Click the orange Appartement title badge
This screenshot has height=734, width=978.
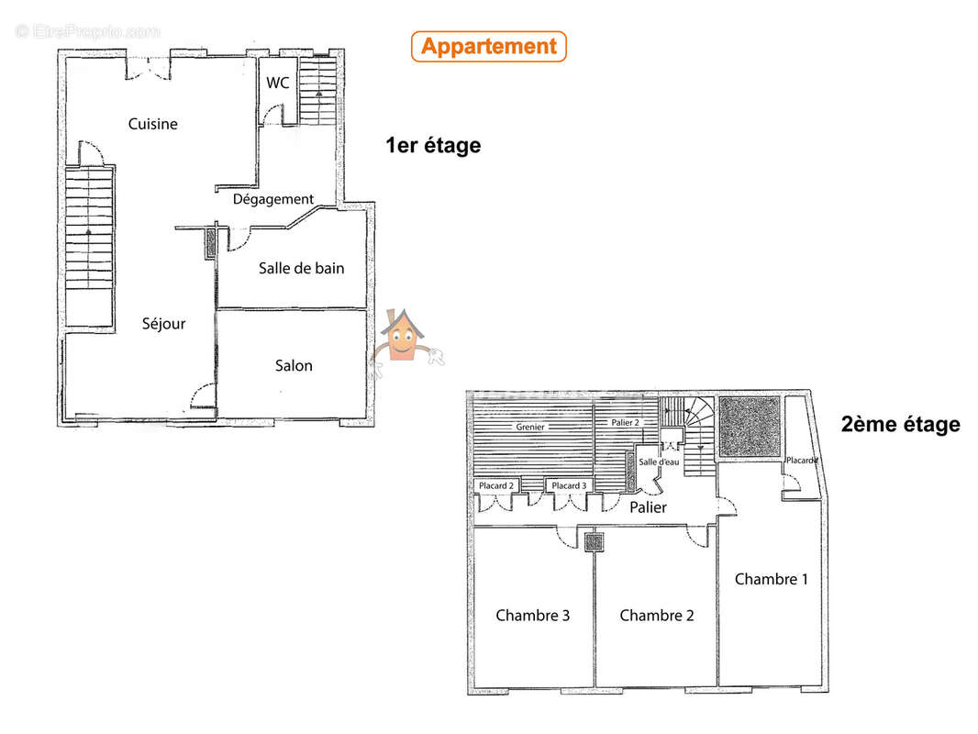tap(489, 47)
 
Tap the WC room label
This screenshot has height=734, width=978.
tap(278, 83)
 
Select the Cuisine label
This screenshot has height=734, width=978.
tap(153, 124)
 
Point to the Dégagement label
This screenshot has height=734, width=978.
tap(273, 199)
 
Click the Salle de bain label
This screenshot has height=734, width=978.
tap(301, 268)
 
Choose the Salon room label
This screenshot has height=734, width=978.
tap(294, 365)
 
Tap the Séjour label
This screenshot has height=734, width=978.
tap(163, 324)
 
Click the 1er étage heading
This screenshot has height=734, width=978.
tap(433, 145)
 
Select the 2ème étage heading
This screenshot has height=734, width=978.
tap(901, 424)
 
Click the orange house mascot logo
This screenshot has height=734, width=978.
tap(404, 339)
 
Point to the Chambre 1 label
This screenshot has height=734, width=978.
tap(772, 579)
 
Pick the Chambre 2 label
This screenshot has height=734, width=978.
tap(657, 616)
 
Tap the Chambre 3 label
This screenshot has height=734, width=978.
tap(533, 616)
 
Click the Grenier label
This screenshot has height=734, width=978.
tap(530, 428)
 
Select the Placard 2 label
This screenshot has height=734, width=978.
tap(496, 485)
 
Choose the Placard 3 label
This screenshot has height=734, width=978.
tap(569, 485)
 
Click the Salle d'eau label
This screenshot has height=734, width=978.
tap(659, 462)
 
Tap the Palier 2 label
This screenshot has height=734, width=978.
tap(625, 423)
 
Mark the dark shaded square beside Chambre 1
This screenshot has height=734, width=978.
tap(750, 427)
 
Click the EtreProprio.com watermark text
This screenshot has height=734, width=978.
tap(88, 31)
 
